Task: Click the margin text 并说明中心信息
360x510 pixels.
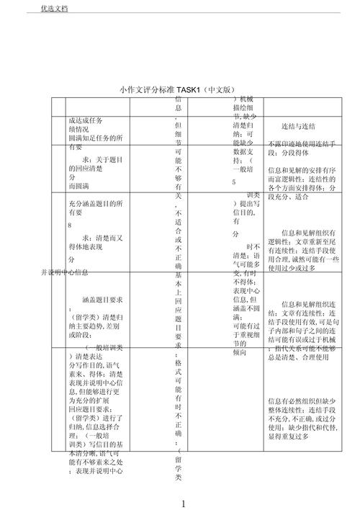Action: pyautogui.click(x=66, y=272)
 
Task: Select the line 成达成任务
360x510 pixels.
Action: pyautogui.click(x=85, y=120)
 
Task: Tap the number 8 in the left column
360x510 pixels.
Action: pyautogui.click(x=70, y=225)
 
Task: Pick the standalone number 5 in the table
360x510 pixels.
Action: pyautogui.click(x=234, y=183)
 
